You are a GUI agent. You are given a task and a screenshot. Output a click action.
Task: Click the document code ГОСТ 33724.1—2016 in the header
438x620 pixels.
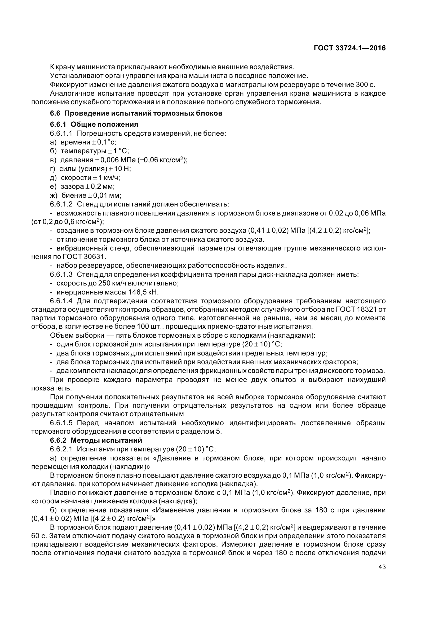(350, 48)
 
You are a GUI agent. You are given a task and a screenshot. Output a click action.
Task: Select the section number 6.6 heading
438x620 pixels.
(55, 113)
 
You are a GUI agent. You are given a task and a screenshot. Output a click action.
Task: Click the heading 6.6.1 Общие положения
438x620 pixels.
(94, 125)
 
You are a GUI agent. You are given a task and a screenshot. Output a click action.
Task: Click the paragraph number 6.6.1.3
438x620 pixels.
(61, 275)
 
